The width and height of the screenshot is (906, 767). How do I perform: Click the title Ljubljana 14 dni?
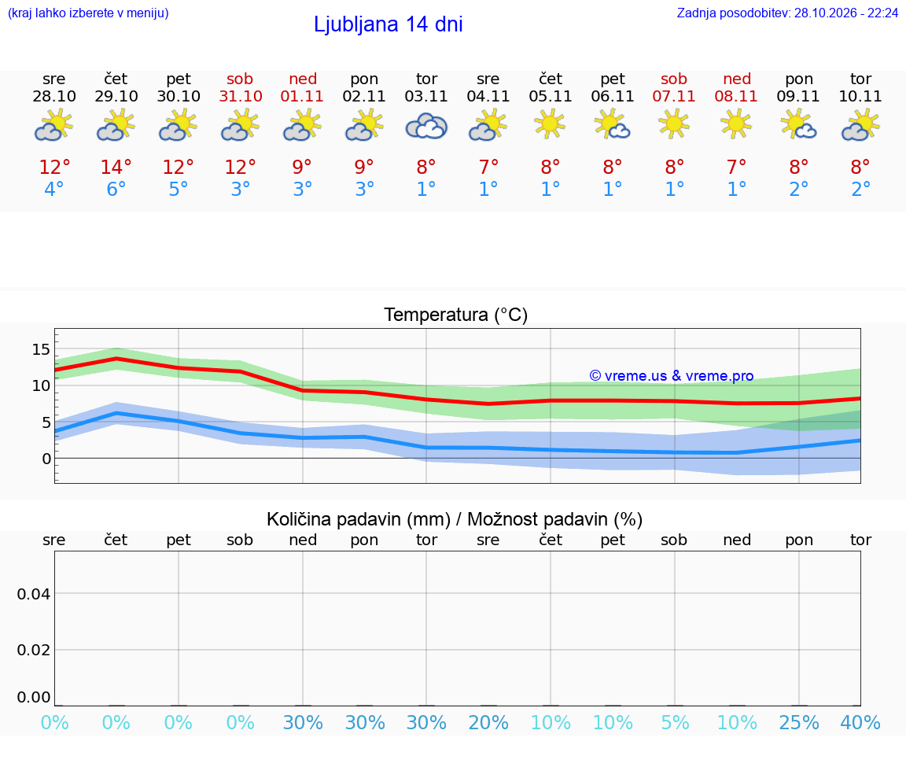click(x=389, y=24)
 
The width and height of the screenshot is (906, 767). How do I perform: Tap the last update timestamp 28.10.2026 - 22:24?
click(x=846, y=13)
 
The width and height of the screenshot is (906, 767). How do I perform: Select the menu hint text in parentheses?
click(x=88, y=13)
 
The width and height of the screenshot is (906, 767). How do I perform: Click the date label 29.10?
click(x=116, y=96)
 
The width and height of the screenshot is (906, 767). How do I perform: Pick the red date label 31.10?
click(x=241, y=96)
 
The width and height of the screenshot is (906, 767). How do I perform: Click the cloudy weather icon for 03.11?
click(x=426, y=127)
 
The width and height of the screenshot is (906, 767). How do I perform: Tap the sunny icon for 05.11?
click(x=550, y=124)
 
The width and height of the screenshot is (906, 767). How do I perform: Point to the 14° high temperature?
click(x=116, y=167)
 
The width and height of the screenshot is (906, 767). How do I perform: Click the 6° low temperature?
click(x=116, y=189)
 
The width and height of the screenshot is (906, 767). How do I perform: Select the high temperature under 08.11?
click(x=737, y=167)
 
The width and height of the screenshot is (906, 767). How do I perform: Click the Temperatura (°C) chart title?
click(x=456, y=315)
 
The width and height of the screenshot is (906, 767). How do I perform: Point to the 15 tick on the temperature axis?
click(x=41, y=349)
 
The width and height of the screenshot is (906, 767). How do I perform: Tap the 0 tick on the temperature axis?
click(x=46, y=459)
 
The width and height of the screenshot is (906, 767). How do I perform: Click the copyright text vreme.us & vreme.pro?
click(x=672, y=376)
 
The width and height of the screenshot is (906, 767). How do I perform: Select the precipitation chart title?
click(x=454, y=519)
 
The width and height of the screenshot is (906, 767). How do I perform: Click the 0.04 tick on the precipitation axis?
click(x=34, y=594)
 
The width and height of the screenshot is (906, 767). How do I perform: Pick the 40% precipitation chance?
click(x=860, y=722)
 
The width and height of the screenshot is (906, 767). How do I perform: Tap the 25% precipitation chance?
click(x=799, y=722)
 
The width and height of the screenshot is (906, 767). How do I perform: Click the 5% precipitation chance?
click(x=675, y=722)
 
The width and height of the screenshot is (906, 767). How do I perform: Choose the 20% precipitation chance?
click(x=488, y=722)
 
